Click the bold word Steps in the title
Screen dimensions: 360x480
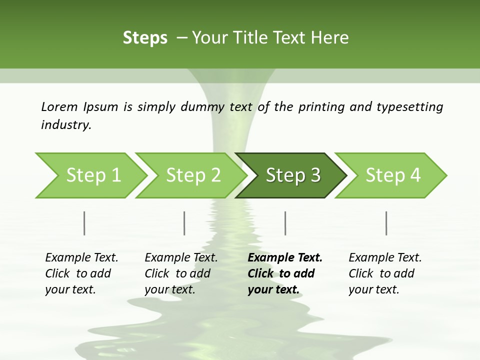click(145, 38)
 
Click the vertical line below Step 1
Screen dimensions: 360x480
click(84, 223)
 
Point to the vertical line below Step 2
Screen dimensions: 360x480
click(184, 223)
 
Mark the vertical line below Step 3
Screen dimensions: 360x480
click(285, 223)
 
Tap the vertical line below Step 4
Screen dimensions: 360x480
click(386, 223)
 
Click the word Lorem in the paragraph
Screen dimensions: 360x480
click(59, 107)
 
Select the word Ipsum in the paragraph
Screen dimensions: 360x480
click(101, 107)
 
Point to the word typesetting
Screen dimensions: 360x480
click(409, 107)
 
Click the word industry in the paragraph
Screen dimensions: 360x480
click(66, 125)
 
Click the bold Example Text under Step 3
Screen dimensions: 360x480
click(285, 258)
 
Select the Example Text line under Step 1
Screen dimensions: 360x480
click(81, 258)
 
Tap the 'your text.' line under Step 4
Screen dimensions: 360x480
click(373, 289)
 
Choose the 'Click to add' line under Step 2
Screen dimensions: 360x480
click(177, 274)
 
